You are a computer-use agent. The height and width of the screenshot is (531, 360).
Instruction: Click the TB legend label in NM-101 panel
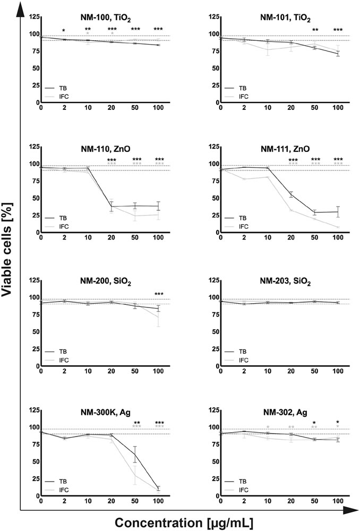click(x=243, y=88)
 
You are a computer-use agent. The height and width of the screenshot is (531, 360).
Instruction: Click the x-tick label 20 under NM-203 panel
click(x=291, y=371)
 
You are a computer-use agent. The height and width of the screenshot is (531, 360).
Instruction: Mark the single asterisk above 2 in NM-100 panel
click(x=64, y=30)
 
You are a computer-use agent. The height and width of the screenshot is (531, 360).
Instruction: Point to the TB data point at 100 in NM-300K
click(x=158, y=487)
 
